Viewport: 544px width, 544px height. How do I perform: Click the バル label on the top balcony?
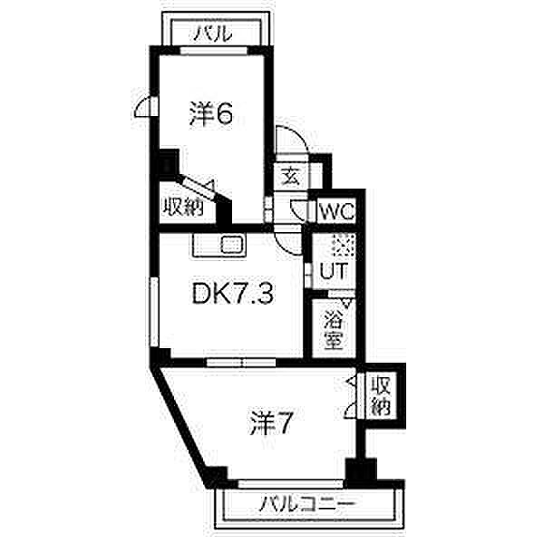click(214, 34)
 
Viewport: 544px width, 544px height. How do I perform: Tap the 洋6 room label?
click(211, 114)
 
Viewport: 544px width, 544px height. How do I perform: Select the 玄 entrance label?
click(290, 176)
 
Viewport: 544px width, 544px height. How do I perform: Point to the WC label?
click(337, 213)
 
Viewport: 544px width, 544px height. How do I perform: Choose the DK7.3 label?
click(231, 295)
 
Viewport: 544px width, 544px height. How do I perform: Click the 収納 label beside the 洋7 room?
click(379, 396)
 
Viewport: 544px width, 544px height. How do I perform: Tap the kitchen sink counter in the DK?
click(218, 245)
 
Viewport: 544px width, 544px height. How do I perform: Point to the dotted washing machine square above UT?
click(341, 246)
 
